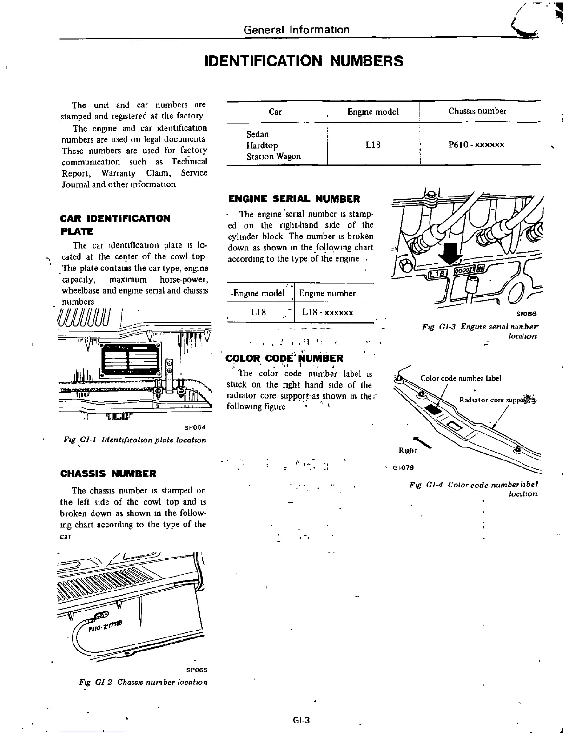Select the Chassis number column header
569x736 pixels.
coord(477,111)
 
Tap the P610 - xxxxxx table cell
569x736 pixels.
coord(476,145)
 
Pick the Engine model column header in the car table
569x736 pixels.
coord(373,112)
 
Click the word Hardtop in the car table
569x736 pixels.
coord(262,145)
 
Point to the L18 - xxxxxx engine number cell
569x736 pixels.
coord(327,312)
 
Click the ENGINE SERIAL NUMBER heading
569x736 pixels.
coord(294,199)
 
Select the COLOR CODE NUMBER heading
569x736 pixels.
coord(284,358)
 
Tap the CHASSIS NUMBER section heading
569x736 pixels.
coord(108,474)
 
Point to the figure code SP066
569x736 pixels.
coord(527,314)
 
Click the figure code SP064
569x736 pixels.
coord(195,427)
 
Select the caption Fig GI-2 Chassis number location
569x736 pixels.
coord(143,682)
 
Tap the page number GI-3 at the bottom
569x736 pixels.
coord(301,721)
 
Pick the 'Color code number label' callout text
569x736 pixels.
coord(461,378)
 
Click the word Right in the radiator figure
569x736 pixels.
coord(408,451)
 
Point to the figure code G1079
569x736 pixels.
coord(403,467)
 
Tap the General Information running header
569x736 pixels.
coord(296,30)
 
